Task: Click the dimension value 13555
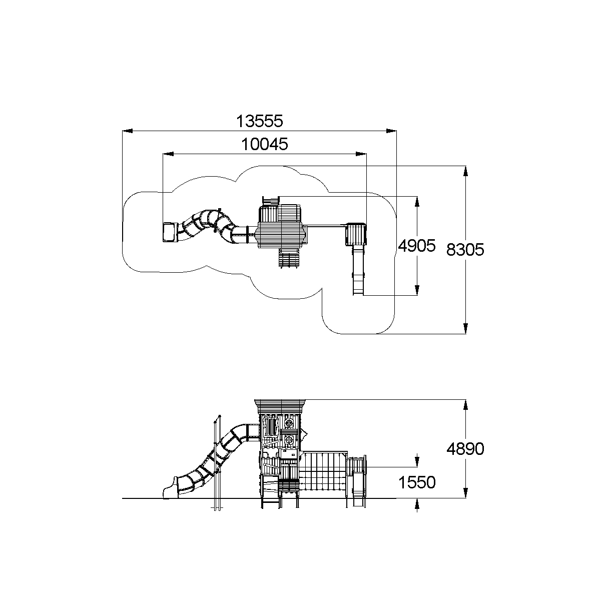pyautogui.click(x=260, y=121)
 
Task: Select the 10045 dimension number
pyautogui.click(x=265, y=144)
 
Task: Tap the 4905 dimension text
pyautogui.click(x=417, y=246)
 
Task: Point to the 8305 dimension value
pyautogui.click(x=465, y=250)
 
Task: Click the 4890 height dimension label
pyautogui.click(x=465, y=449)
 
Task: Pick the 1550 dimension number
pyautogui.click(x=417, y=482)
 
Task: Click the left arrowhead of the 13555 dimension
pyautogui.click(x=128, y=131)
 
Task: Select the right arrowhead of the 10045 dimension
pyautogui.click(x=361, y=154)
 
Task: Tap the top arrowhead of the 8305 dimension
pyautogui.click(x=465, y=171)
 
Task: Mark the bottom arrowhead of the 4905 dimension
pyautogui.click(x=417, y=290)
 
